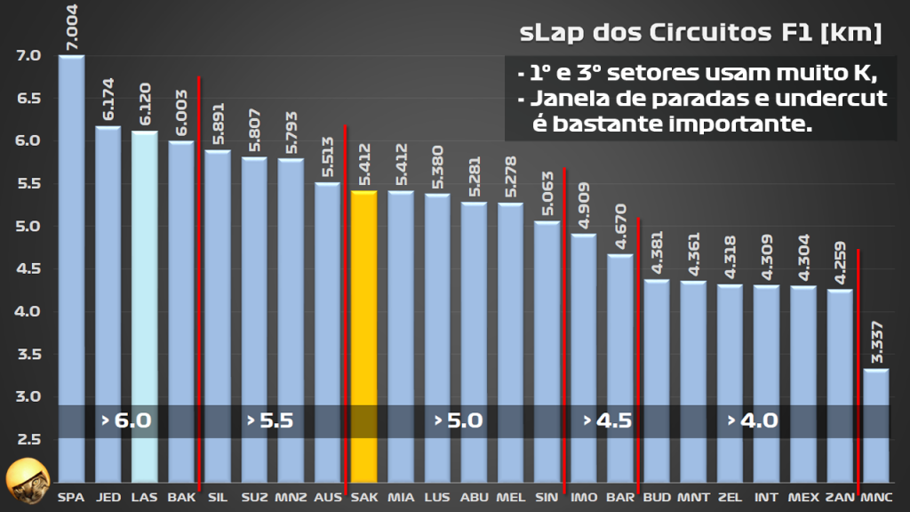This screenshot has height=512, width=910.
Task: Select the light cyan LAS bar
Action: tap(145, 302)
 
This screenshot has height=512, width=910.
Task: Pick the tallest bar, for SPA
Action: tap(71, 267)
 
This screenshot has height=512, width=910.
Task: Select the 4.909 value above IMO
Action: tap(583, 205)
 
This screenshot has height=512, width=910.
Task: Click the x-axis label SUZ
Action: tap(254, 497)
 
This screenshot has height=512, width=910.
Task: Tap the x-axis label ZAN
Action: tap(839, 497)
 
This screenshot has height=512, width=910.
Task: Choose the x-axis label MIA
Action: tap(400, 497)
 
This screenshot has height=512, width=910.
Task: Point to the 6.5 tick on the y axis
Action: tap(28, 98)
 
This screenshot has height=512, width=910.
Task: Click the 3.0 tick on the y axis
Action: tap(28, 396)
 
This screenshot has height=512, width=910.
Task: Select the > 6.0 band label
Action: tap(126, 420)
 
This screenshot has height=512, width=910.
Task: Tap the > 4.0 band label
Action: tap(752, 420)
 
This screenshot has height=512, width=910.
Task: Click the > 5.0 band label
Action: tap(459, 420)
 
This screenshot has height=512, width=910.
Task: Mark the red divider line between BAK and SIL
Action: tap(199, 267)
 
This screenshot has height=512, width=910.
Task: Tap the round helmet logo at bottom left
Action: tap(25, 481)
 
